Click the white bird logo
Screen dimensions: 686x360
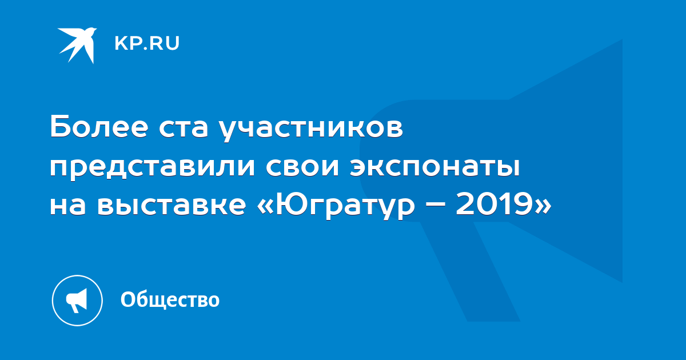click(x=77, y=45)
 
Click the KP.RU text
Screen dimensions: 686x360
click(x=147, y=43)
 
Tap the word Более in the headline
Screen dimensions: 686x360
click(x=99, y=127)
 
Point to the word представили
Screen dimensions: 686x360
click(x=152, y=169)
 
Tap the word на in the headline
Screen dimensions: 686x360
click(x=67, y=206)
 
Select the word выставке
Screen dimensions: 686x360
click(x=171, y=206)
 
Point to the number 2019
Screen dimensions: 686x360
click(x=495, y=204)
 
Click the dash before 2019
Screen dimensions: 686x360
click(x=435, y=206)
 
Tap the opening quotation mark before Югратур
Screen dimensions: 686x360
click(x=265, y=207)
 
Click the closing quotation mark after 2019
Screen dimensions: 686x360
click(x=543, y=207)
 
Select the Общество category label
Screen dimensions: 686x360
click(x=170, y=299)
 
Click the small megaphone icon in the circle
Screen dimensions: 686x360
click(x=77, y=300)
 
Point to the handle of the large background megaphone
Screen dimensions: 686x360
click(x=470, y=272)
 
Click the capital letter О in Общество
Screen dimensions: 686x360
click(x=127, y=299)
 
